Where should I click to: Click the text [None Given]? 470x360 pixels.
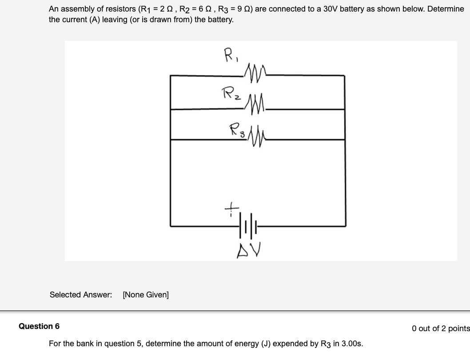pyautogui.click(x=146, y=295)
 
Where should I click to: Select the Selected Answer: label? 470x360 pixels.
pyautogui.click(x=81, y=295)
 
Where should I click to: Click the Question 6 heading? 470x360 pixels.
pyautogui.click(x=39, y=326)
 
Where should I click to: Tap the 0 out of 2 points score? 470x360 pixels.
pyautogui.click(x=440, y=328)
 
